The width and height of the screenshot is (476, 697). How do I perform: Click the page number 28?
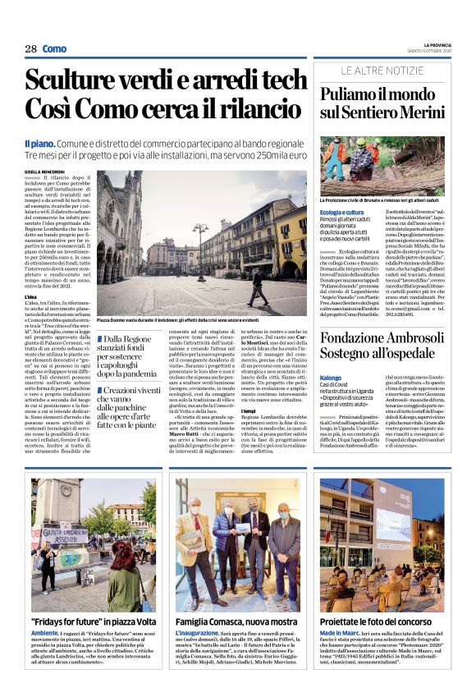30,49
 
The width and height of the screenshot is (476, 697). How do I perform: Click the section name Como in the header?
54,49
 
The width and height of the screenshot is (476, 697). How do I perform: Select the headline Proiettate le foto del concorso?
380,621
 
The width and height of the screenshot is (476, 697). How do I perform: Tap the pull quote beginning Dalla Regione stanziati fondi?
132,355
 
